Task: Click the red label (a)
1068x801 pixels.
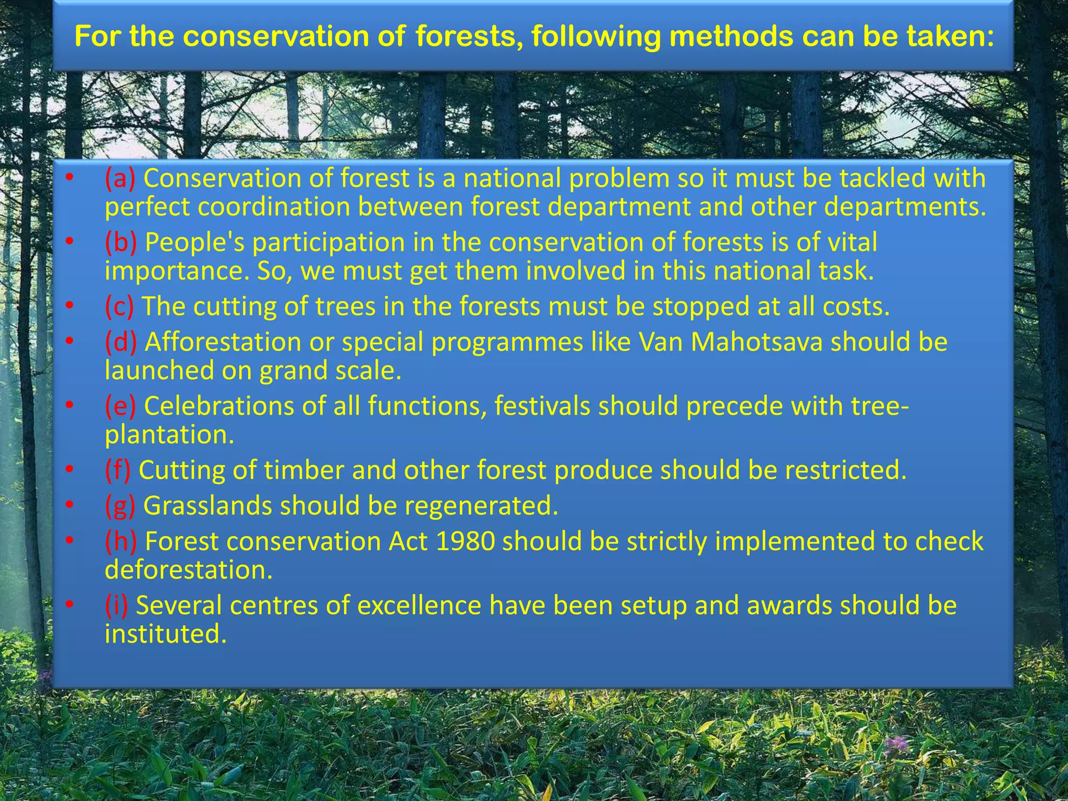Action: tap(120, 178)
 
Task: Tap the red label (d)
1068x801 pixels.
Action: tap(120, 342)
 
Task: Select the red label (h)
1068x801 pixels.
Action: tap(120, 541)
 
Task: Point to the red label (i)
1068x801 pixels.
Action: tap(116, 605)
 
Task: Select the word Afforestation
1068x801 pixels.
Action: tap(223, 342)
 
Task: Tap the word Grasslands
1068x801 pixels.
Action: tap(207, 506)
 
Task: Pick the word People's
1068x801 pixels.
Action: tap(195, 242)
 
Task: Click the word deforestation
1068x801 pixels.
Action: tap(188, 569)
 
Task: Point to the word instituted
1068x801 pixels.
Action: tap(165, 634)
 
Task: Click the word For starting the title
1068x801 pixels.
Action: tap(98, 37)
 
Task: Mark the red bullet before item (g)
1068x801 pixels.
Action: tap(69, 505)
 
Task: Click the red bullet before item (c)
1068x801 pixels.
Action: tap(69, 306)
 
